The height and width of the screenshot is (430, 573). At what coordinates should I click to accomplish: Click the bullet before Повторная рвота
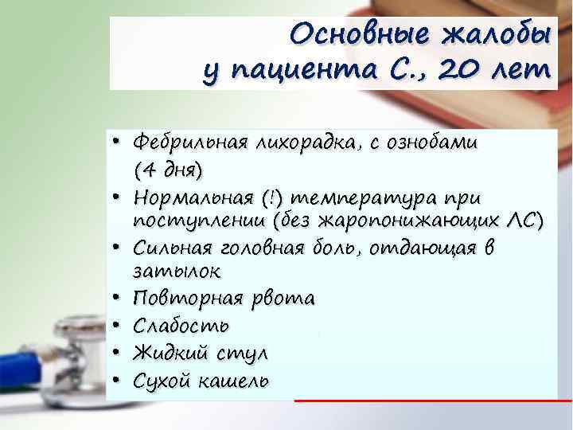pos(116,299)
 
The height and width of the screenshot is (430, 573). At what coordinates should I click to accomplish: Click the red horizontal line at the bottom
pos(434,401)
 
